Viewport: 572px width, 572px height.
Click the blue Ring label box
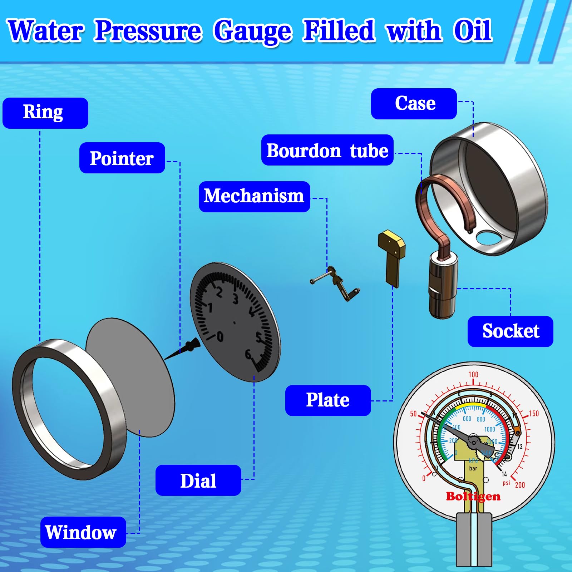[x=45, y=113]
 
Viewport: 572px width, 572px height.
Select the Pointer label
[x=122, y=158]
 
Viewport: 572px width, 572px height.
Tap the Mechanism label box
[x=254, y=197]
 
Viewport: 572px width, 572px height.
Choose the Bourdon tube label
[x=327, y=150]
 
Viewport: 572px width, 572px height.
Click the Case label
[x=414, y=104]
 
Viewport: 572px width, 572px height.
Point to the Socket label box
[x=510, y=331]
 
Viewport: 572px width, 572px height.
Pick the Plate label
[x=328, y=400]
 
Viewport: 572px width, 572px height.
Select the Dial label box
[x=198, y=480]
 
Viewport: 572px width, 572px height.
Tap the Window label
[x=83, y=532]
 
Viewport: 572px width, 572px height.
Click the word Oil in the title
[x=473, y=31]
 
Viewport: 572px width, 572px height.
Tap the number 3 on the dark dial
[x=235, y=299]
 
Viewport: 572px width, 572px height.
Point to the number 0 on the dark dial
[x=220, y=336]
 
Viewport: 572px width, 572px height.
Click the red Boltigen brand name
[x=473, y=496]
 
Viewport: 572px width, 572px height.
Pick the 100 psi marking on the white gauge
[x=473, y=374]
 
